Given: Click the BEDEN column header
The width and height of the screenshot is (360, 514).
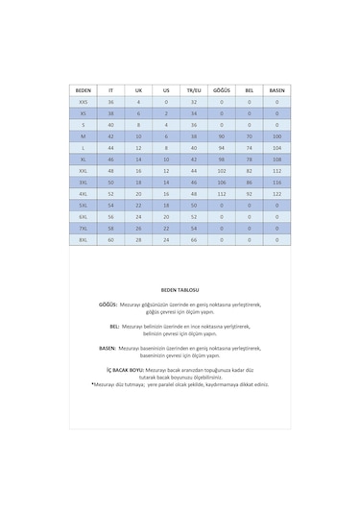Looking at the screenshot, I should pos(83,88).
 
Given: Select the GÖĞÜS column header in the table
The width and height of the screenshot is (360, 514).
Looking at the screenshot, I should pos(221,88).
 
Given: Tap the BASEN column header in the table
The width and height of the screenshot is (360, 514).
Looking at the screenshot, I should pos(277,88).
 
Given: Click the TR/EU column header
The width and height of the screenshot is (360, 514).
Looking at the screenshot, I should pos(193,88).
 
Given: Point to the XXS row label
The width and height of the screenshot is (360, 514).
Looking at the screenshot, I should pos(83,100).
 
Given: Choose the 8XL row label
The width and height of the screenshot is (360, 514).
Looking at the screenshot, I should pos(83,239).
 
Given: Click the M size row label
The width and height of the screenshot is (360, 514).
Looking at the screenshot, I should pos(83,135).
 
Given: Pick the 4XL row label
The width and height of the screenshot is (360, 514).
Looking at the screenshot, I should pos(83,192).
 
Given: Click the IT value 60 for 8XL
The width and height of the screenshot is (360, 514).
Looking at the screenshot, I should pos(110,239).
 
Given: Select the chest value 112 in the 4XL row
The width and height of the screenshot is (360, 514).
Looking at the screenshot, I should pos(221,192).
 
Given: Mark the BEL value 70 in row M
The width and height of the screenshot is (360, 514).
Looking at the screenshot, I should pos(250,135).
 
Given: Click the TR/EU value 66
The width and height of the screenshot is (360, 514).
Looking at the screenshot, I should pos(193,239).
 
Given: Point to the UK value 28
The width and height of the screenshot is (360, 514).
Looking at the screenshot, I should pos(138,239).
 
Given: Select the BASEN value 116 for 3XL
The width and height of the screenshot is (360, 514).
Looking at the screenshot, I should pos(277,181).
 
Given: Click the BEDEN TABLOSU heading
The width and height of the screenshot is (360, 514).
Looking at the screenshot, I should pos(180,287).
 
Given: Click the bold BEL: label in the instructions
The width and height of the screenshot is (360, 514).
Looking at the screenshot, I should pos(112,326).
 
